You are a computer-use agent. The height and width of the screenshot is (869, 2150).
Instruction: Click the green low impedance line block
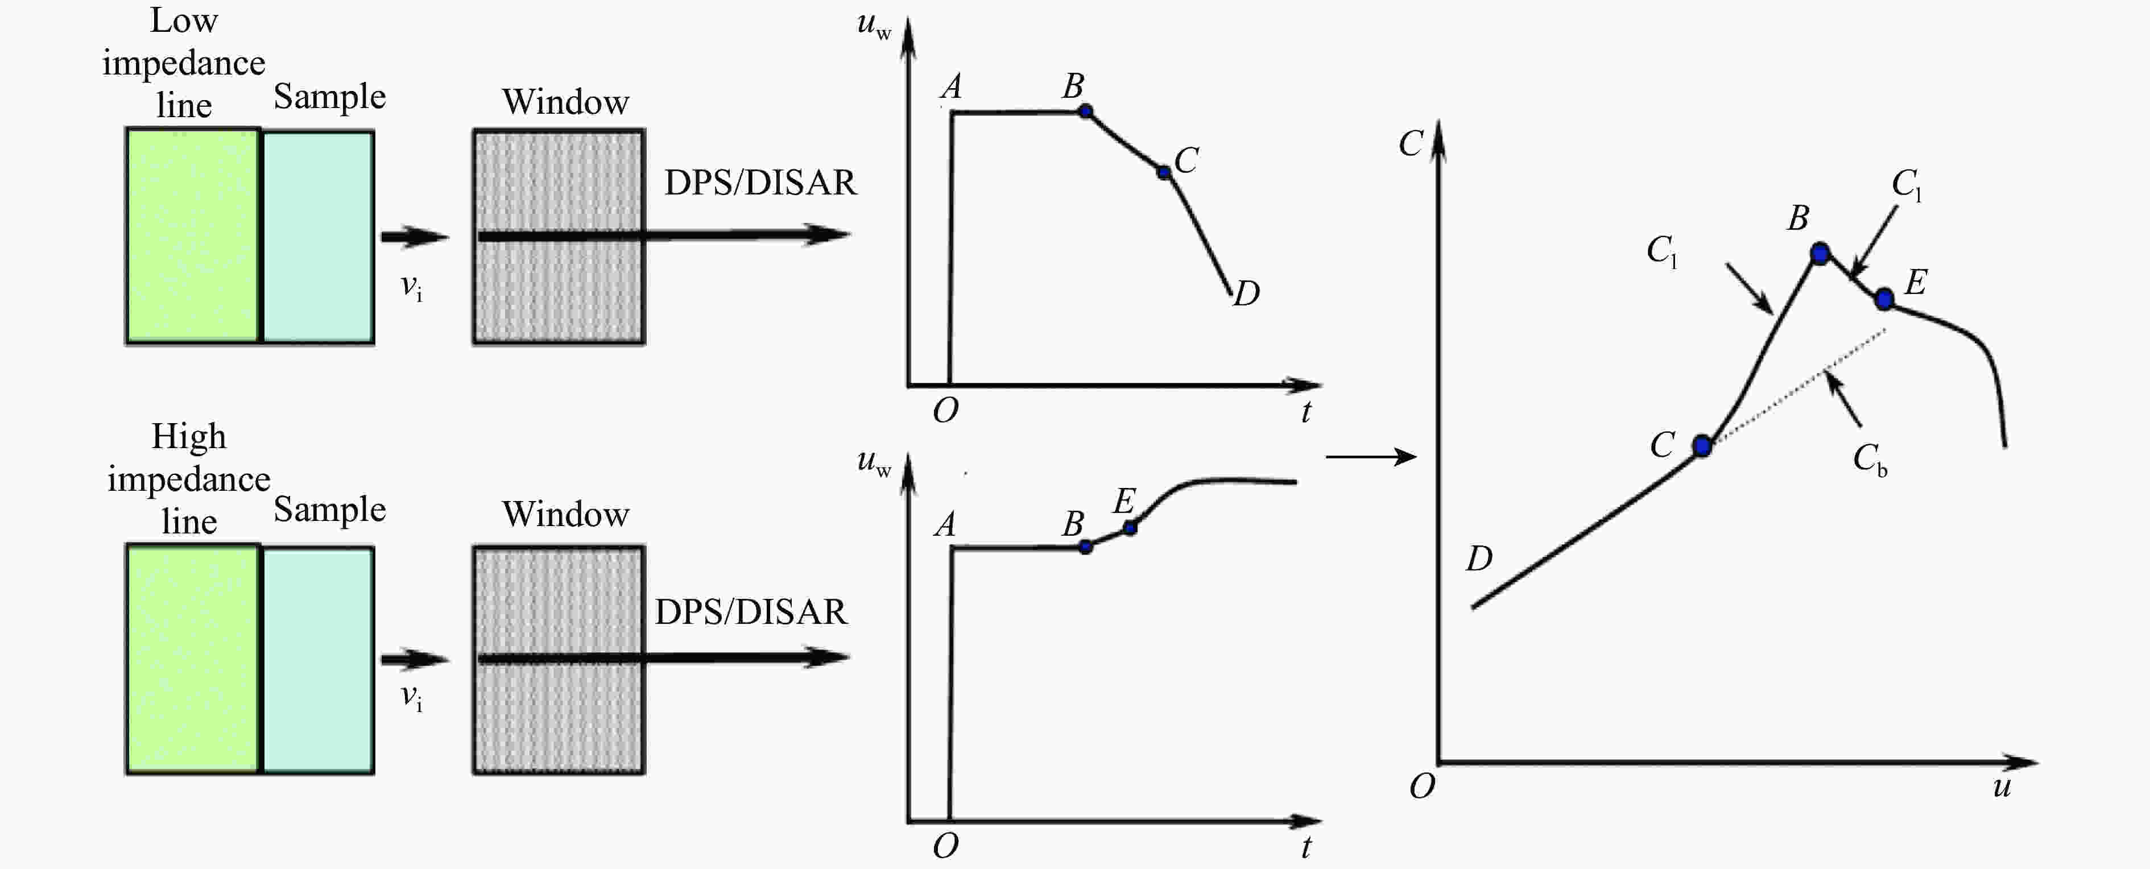click(193, 235)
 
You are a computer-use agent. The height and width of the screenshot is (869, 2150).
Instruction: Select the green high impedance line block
click(193, 660)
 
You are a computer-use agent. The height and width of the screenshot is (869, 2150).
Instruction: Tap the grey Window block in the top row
click(559, 236)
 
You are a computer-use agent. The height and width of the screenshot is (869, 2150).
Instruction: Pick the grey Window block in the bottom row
click(559, 660)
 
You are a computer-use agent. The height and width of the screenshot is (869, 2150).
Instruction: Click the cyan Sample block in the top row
click(318, 236)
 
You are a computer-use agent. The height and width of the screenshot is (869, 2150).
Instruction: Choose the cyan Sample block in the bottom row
click(318, 660)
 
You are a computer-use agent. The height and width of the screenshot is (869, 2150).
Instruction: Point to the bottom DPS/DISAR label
click(750, 612)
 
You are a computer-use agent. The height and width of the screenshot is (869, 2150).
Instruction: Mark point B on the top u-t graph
click(1085, 111)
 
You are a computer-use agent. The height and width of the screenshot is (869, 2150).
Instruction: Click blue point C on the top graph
click(1164, 172)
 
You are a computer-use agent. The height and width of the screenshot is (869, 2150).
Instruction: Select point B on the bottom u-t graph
click(1085, 547)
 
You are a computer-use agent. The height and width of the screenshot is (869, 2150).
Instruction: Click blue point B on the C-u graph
click(1820, 253)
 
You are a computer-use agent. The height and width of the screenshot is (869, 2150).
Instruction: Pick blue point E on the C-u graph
click(1884, 299)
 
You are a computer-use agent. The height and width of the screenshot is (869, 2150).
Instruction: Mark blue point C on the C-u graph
click(1702, 446)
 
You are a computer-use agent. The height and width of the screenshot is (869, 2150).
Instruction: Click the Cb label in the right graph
click(1870, 459)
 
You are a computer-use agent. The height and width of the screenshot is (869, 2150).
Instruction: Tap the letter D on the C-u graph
click(1479, 558)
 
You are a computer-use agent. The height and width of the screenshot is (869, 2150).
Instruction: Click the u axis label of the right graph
click(2002, 787)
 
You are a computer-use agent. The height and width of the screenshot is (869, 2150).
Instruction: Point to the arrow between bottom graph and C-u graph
click(1371, 457)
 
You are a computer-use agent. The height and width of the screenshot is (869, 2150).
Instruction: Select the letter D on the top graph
click(1246, 293)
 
